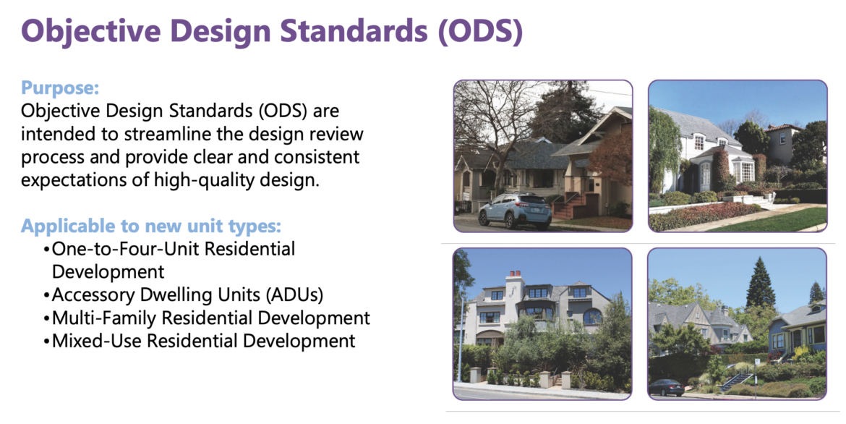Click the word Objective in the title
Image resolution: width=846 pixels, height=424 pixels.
[90, 31]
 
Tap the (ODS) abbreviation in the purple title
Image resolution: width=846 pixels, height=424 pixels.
[480, 31]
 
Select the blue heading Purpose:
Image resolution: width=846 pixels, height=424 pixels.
[60, 88]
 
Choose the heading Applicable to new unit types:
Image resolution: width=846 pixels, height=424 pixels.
[151, 226]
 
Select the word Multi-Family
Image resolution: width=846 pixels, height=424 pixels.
[106, 318]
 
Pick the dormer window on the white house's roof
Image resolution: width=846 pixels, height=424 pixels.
[699, 142]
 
